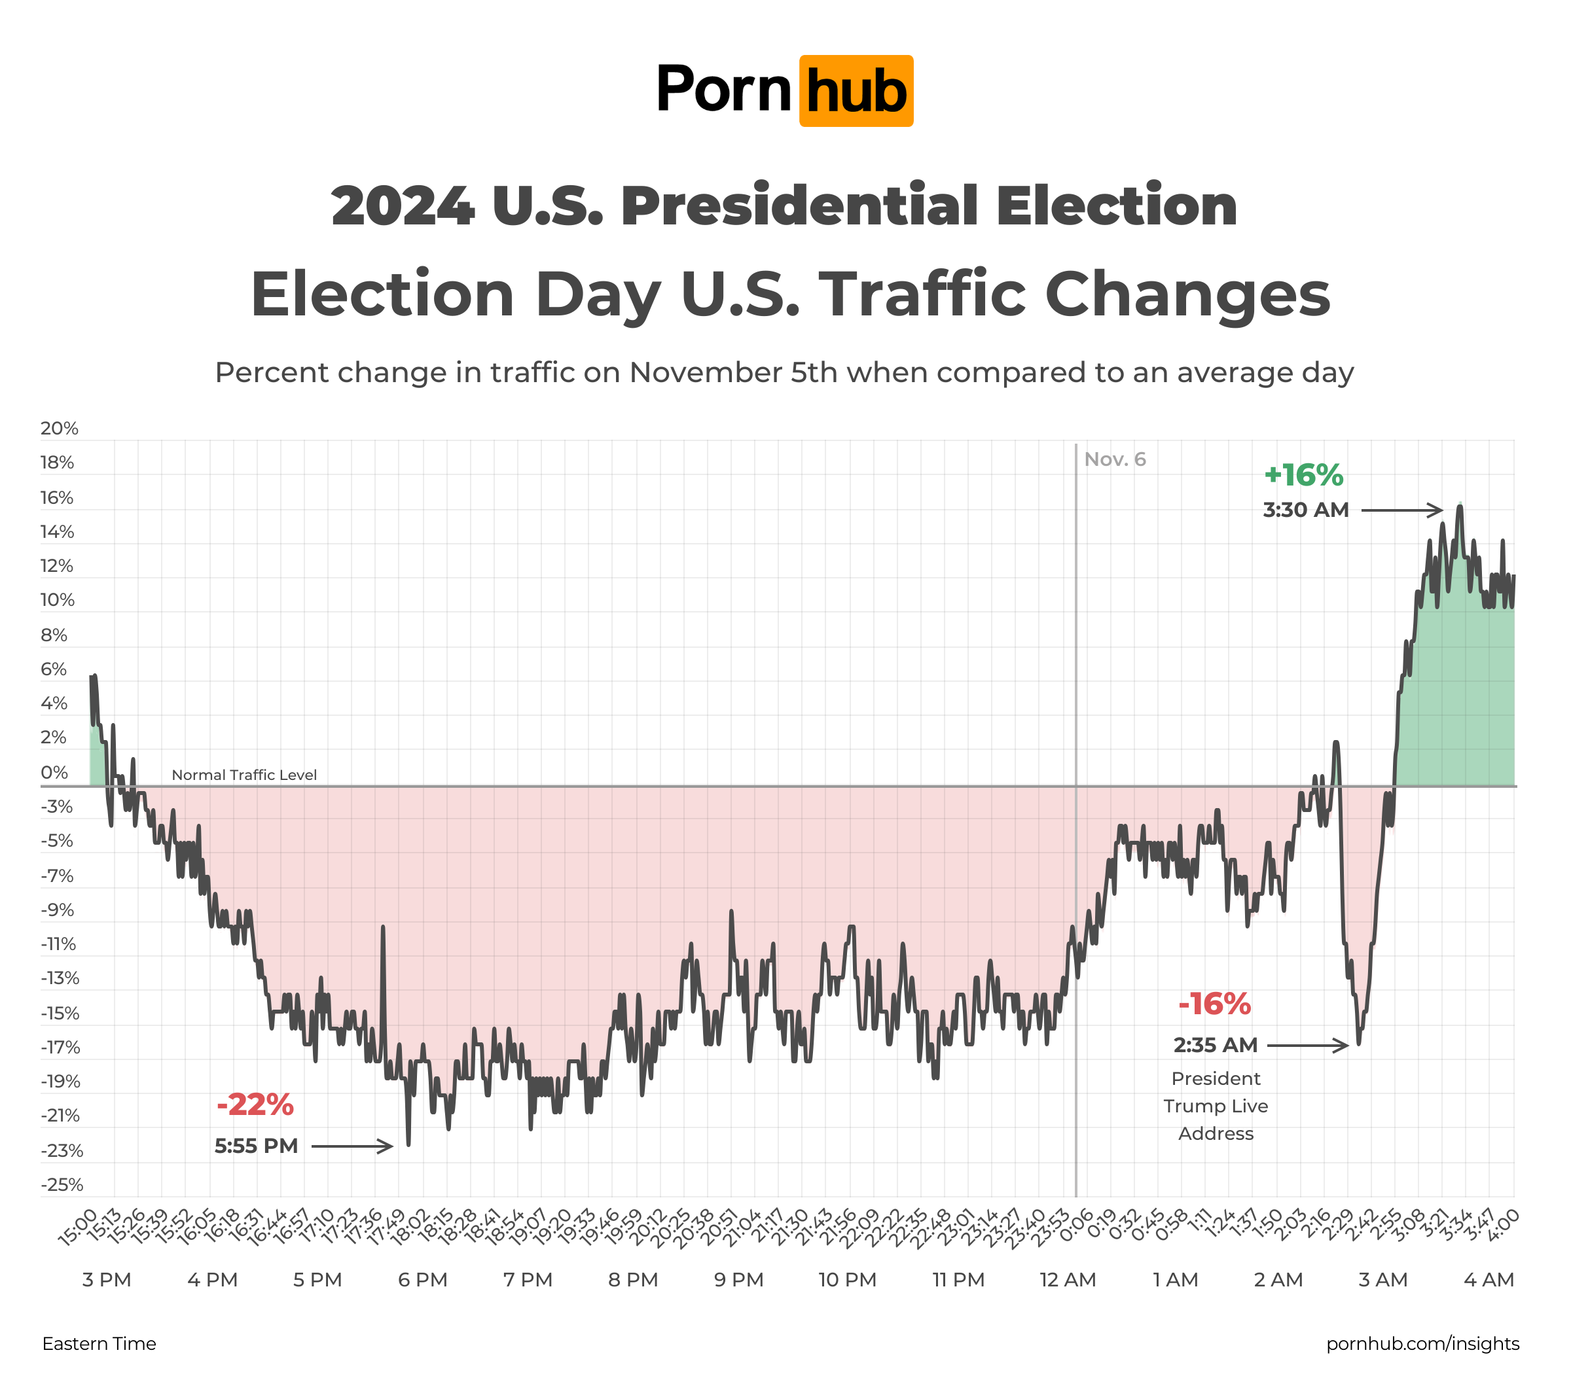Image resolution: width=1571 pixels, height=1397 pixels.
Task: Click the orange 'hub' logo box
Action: click(856, 91)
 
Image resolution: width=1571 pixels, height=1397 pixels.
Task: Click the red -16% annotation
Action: click(1214, 1004)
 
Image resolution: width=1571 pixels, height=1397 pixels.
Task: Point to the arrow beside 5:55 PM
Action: click(352, 1146)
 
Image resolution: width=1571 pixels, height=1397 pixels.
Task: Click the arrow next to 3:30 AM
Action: click(1402, 510)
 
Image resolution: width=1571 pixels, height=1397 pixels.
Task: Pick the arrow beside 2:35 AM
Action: click(1307, 1045)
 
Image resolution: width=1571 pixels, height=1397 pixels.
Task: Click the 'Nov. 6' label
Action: click(1115, 459)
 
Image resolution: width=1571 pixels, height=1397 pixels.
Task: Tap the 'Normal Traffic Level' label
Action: click(244, 775)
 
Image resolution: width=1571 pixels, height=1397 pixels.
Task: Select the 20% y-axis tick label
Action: click(59, 429)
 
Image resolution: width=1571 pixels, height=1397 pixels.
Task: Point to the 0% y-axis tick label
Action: click(54, 772)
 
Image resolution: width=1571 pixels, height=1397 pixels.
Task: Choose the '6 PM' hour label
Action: click(423, 1280)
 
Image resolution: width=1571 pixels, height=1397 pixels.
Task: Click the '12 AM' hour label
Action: click(1068, 1280)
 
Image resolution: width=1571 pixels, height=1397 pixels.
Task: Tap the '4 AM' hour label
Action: click(1489, 1280)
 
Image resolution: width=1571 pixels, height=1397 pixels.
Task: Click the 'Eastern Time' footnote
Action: click(99, 1344)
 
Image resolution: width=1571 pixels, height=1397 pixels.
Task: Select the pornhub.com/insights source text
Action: click(1422, 1344)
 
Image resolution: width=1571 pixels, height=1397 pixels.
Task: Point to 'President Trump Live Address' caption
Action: click(1216, 1106)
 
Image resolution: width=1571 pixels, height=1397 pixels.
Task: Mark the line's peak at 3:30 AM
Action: click(1460, 506)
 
